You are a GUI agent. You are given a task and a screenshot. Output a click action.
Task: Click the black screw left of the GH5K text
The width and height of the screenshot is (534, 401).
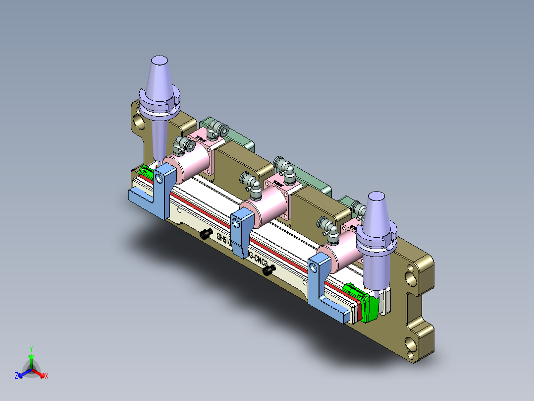206,234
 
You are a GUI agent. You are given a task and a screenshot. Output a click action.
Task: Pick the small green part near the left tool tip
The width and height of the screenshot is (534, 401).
146,172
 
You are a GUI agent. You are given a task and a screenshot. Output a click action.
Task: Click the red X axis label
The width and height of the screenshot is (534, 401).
46,376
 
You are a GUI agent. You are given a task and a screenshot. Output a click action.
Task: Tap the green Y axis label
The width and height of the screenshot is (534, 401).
31,349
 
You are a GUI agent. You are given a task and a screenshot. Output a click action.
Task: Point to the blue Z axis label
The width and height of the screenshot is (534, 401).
16,376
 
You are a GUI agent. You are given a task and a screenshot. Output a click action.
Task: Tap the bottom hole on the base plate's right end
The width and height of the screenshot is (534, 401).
412,343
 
